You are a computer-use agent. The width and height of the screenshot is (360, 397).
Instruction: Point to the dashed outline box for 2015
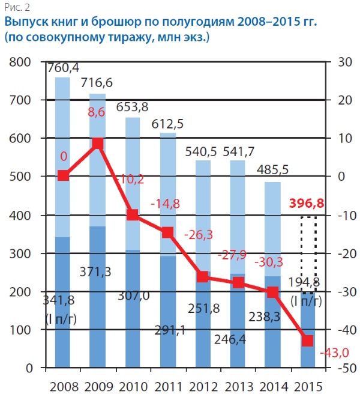[x=308, y=255]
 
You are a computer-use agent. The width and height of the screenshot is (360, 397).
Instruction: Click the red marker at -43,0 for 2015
[x=308, y=341]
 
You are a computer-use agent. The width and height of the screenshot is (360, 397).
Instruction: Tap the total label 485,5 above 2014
[x=273, y=171]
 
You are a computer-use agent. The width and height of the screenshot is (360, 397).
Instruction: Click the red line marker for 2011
[x=168, y=232]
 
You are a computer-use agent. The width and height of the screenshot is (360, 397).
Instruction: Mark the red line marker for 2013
[x=238, y=283]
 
